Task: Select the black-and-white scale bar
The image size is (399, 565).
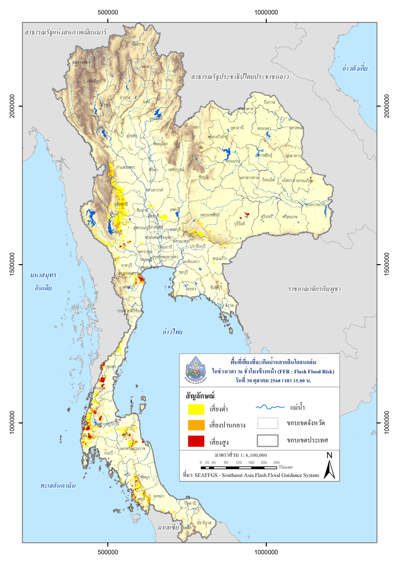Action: coord(240,468)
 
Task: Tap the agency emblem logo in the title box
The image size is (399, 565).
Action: coord(197,370)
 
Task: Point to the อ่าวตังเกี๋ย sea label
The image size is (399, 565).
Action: coord(355,69)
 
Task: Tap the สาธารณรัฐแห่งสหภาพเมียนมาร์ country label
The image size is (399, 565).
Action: coord(66,33)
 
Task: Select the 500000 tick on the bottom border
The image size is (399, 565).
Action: coord(108,550)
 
